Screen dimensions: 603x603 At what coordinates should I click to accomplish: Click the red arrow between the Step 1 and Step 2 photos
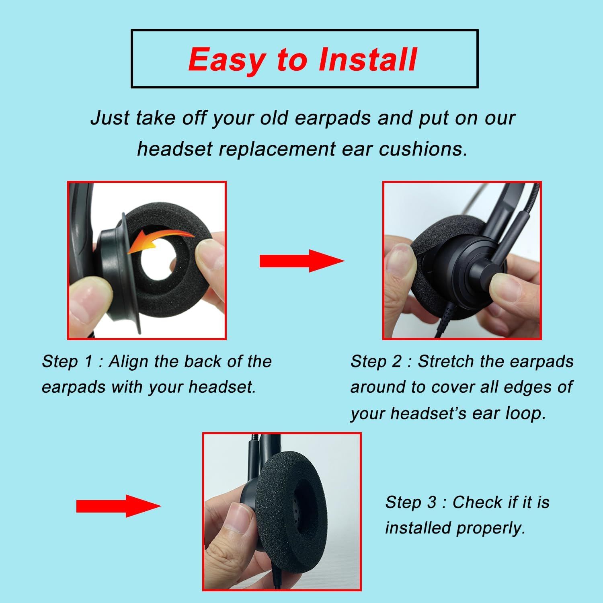(x=302, y=261)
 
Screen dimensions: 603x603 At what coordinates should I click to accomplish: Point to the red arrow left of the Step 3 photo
(x=119, y=506)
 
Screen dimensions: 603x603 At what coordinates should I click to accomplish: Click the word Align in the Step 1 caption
(x=129, y=362)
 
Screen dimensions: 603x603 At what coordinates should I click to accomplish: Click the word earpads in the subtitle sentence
(x=332, y=119)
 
